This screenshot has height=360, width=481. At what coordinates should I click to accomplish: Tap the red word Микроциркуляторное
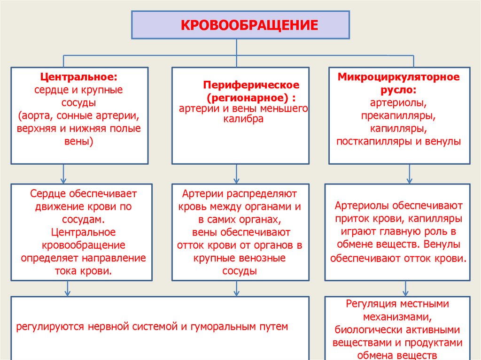(399, 76)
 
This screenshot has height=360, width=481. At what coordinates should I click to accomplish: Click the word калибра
(243, 119)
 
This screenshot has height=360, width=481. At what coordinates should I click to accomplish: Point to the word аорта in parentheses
(37, 115)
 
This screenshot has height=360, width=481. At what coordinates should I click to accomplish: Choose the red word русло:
(399, 89)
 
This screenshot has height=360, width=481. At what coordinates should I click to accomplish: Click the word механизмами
(398, 317)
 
